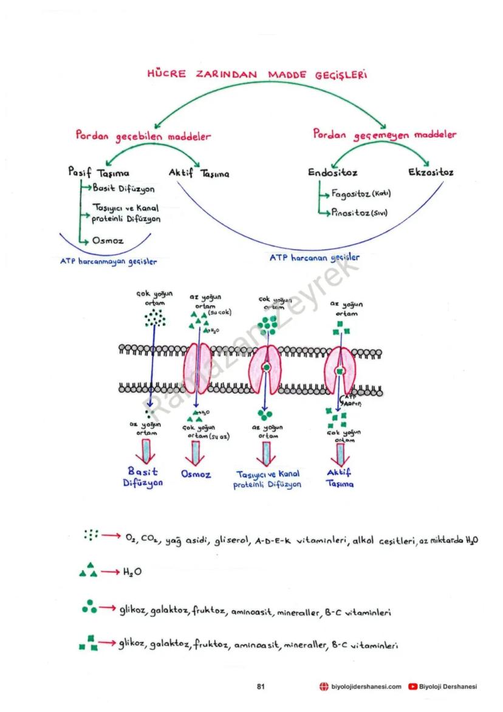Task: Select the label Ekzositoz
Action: (x=431, y=173)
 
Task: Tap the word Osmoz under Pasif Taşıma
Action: (x=108, y=241)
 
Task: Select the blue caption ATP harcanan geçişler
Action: (x=314, y=258)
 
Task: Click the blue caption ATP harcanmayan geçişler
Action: (x=109, y=262)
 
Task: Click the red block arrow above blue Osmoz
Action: (x=196, y=452)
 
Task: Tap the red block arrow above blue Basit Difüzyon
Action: (x=145, y=452)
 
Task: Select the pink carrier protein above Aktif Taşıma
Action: (x=340, y=370)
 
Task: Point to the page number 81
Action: (x=261, y=686)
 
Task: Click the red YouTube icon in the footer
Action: (x=412, y=686)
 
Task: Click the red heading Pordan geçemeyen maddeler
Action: (x=385, y=134)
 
